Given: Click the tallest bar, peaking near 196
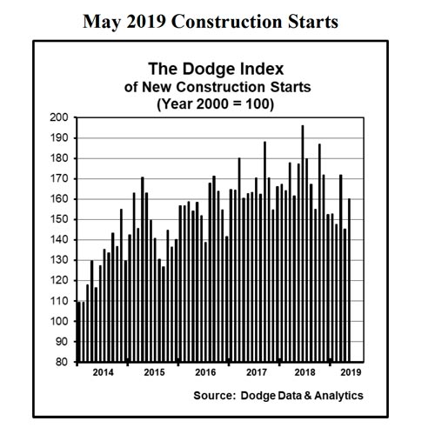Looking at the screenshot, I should [x=302, y=244].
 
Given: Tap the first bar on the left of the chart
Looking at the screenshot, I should [x=79, y=331].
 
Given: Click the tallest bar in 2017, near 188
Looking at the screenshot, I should [x=264, y=252].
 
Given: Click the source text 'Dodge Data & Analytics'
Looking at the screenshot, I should [x=304, y=396].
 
